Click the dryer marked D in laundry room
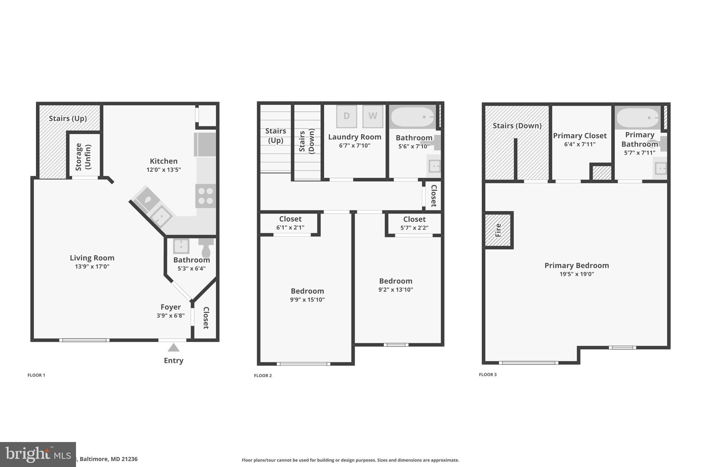coord(346,116)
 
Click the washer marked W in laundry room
coord(372,116)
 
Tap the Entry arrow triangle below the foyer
coord(174,348)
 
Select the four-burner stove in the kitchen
coord(205,196)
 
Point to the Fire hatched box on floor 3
coord(498,230)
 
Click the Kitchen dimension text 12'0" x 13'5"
coord(164,170)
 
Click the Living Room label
coord(92,258)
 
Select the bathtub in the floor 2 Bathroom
coord(412,117)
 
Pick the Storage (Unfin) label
coord(83,157)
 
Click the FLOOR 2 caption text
coord(263,376)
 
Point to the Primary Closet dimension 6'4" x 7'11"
coord(580,144)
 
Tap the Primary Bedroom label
coord(577,265)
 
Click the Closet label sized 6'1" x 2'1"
coord(290,219)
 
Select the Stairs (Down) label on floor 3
coord(517,126)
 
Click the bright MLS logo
coord(38,454)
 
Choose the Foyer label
coord(170,307)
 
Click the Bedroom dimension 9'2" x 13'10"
coord(396,290)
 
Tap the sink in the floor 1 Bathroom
coord(181,246)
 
